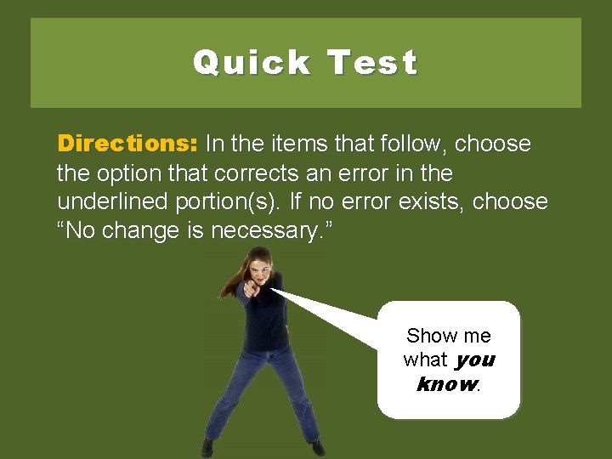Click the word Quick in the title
point(252,63)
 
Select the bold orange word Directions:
point(127,144)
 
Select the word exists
point(429,202)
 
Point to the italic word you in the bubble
point(475,360)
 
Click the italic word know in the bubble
point(447,383)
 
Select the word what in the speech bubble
point(425,360)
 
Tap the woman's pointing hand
point(248,289)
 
